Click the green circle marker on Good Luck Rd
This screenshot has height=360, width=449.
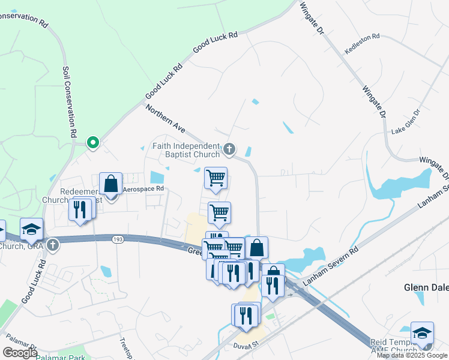click(x=92, y=143)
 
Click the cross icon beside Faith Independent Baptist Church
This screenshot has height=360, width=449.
click(x=229, y=148)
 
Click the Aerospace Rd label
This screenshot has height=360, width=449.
click(x=143, y=188)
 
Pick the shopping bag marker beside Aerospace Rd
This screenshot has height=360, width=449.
click(x=111, y=184)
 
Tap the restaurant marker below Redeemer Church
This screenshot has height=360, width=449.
click(x=80, y=209)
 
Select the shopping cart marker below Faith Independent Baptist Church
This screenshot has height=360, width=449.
click(x=215, y=178)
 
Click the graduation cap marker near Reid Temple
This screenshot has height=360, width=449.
click(x=422, y=333)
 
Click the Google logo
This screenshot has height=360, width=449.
click(x=20, y=353)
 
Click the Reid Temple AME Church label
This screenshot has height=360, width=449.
click(x=390, y=346)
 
